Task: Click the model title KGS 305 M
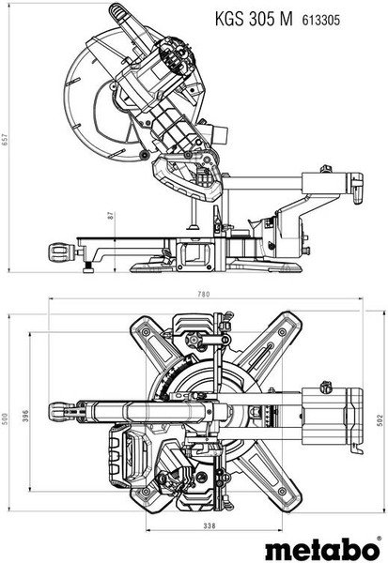[254, 19]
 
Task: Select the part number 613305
[320, 20]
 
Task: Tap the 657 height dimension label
[5, 140]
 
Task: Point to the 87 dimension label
[111, 216]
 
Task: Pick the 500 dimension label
[5, 418]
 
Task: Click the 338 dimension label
[210, 525]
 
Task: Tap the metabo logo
[323, 548]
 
